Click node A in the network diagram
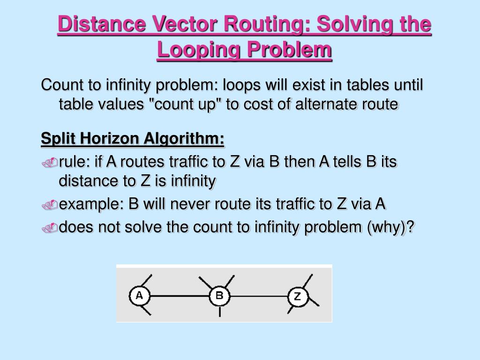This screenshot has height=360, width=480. tap(139, 296)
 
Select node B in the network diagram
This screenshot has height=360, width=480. tap(219, 296)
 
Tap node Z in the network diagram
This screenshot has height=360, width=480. tap(297, 296)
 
